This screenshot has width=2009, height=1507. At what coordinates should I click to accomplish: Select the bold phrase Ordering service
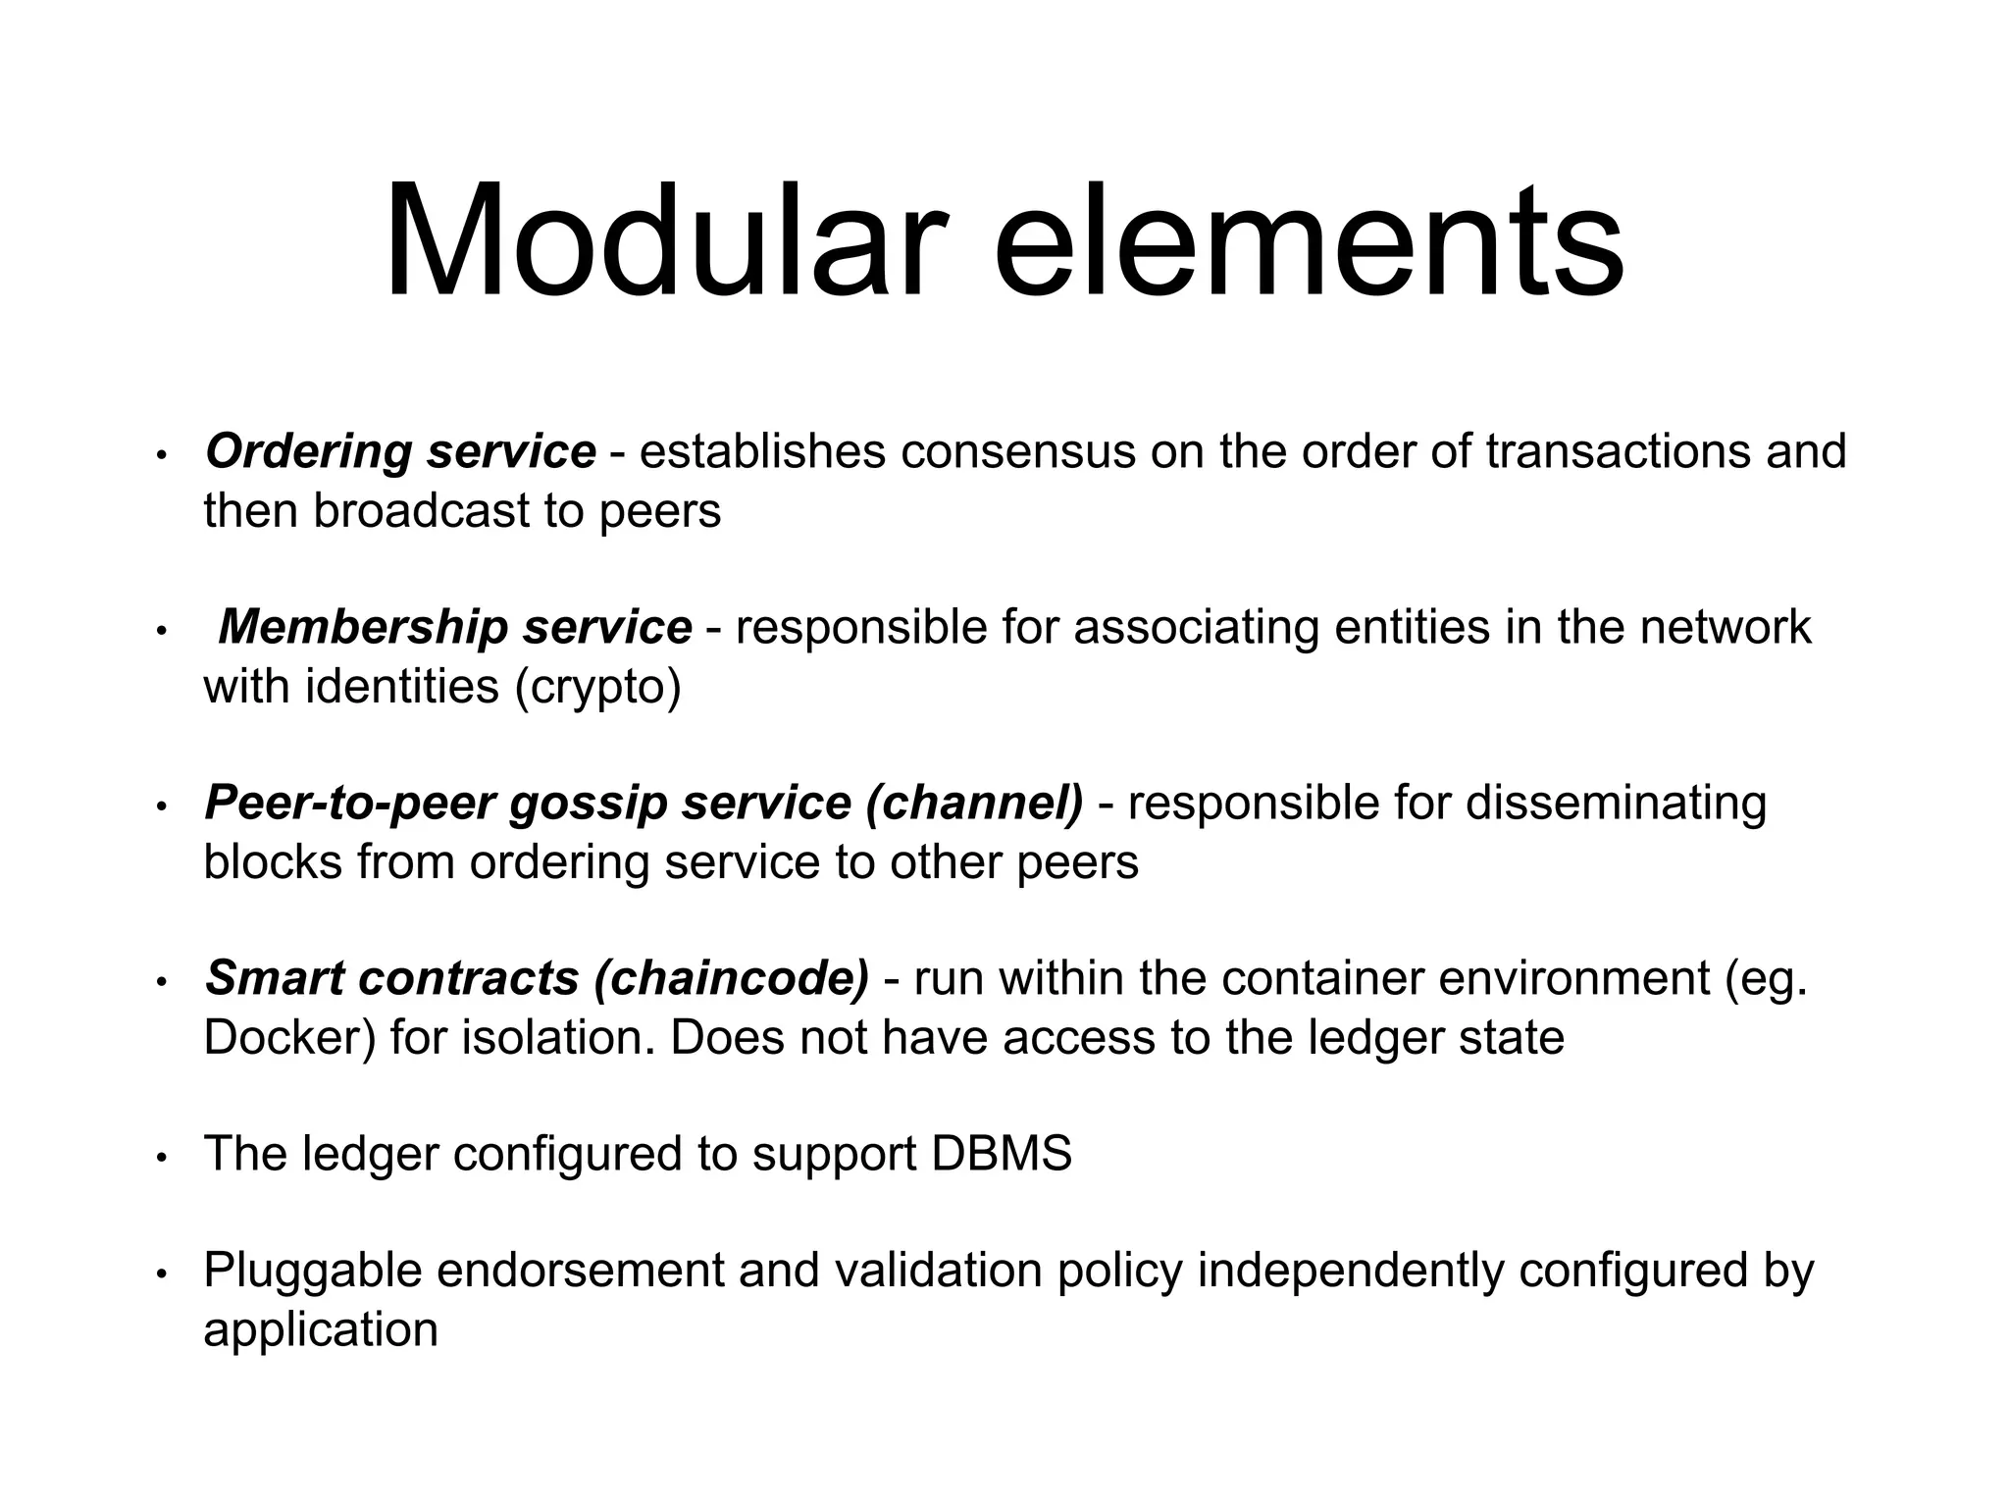click(x=400, y=452)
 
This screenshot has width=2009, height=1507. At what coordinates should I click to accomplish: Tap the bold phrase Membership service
click(x=454, y=628)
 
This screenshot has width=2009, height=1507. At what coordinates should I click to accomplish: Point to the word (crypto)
click(x=597, y=687)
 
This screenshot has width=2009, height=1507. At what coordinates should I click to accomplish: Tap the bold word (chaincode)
click(x=732, y=979)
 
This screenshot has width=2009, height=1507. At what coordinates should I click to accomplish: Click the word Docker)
click(x=289, y=1038)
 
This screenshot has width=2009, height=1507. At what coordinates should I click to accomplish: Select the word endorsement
click(x=579, y=1272)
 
